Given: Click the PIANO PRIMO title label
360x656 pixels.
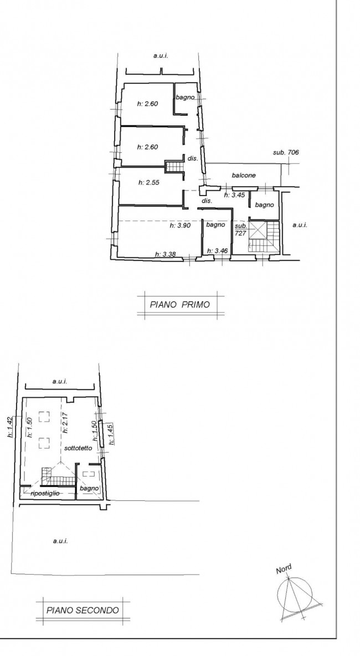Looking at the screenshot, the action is point(180,304).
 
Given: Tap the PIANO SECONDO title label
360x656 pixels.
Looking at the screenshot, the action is point(83,610).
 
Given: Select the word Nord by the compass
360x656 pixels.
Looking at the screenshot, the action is point(284,569).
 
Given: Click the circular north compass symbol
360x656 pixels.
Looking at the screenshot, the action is point(295,593).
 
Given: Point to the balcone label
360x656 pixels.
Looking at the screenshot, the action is point(244,175).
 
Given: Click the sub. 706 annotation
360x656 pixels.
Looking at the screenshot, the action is point(286,152).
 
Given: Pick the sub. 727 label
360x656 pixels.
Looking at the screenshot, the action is point(240,229).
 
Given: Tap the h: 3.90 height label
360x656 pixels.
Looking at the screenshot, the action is point(180,225).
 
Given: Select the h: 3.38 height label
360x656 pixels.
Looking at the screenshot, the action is point(166,254).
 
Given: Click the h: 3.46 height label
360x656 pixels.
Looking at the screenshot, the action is point(218,250).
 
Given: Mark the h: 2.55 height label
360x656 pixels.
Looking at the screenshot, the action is point(148,182).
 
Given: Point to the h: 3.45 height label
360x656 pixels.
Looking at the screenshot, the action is point(234,195).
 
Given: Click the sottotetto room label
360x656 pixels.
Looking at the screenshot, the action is point(78,448).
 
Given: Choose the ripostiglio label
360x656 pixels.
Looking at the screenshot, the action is point(45,493).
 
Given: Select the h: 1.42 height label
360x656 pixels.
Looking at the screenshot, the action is point(9,427).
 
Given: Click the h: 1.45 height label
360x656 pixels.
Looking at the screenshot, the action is point(111,435).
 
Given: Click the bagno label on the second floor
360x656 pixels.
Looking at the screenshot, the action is point(89,488).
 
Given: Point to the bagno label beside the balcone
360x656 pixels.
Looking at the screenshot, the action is point(264,205).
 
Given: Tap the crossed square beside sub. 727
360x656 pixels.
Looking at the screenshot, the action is point(258,230).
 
